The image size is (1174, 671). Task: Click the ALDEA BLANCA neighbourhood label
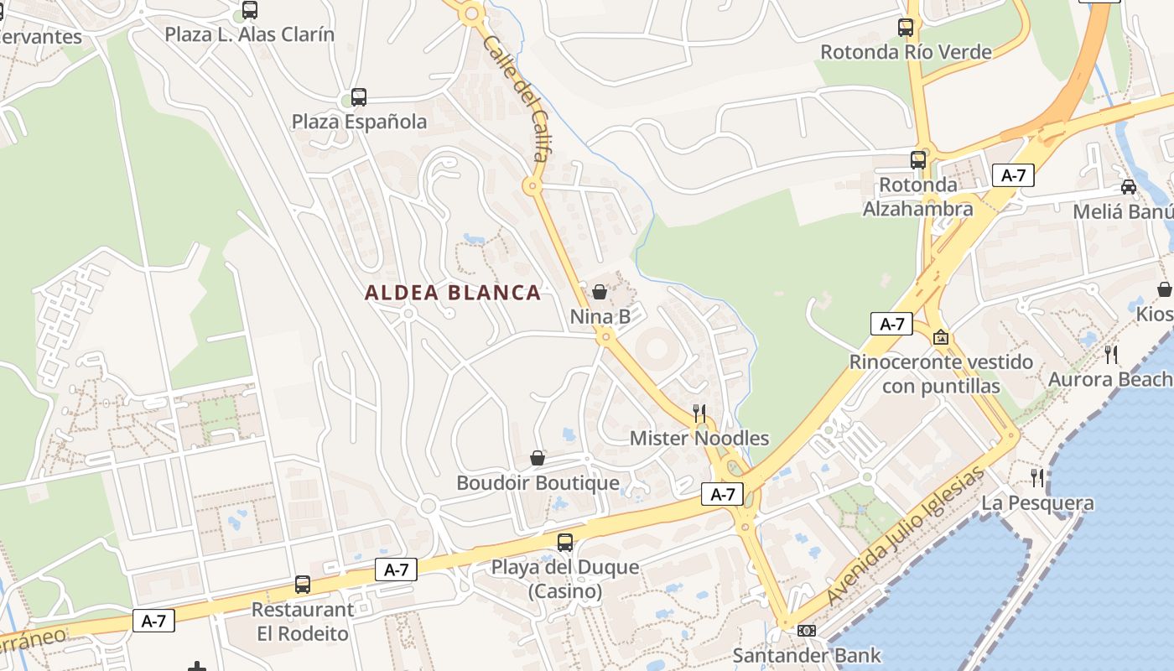coord(453,293)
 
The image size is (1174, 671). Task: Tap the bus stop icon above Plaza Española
coord(359,97)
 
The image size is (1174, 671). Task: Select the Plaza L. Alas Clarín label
coord(249,34)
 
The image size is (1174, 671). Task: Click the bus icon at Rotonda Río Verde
coord(906,27)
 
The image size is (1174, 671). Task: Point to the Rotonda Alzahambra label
coord(918,196)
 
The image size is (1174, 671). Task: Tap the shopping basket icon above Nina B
coord(600,292)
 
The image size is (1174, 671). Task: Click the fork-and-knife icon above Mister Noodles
coord(699,413)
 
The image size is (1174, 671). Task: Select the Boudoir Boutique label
coord(538,483)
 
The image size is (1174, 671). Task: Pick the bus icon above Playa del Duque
coord(565,542)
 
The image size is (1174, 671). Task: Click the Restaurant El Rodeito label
coord(303,622)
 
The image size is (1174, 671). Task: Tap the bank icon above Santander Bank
coord(807,630)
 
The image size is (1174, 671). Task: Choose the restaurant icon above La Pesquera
coord(1038,478)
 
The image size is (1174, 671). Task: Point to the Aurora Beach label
coord(1109,379)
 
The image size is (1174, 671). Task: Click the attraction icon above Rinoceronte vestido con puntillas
coord(941,337)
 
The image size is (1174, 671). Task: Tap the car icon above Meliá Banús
coord(1129,186)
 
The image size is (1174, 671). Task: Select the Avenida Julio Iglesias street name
coord(905,536)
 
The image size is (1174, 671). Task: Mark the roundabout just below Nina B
coord(605,337)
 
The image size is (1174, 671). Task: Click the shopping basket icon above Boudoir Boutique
coord(538,458)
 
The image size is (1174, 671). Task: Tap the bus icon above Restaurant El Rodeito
coord(303,584)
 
